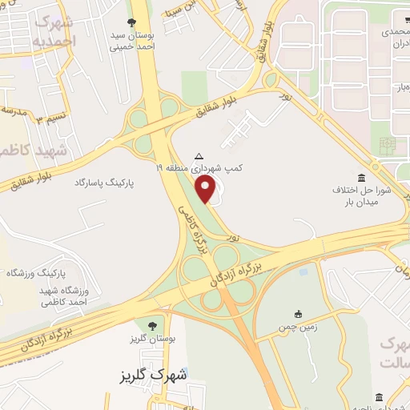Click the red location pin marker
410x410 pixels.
[x=207, y=190]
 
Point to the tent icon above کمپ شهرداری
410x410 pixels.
[x=199, y=155]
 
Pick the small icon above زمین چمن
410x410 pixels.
[x=299, y=312]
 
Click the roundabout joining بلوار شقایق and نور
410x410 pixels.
[x=271, y=79]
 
